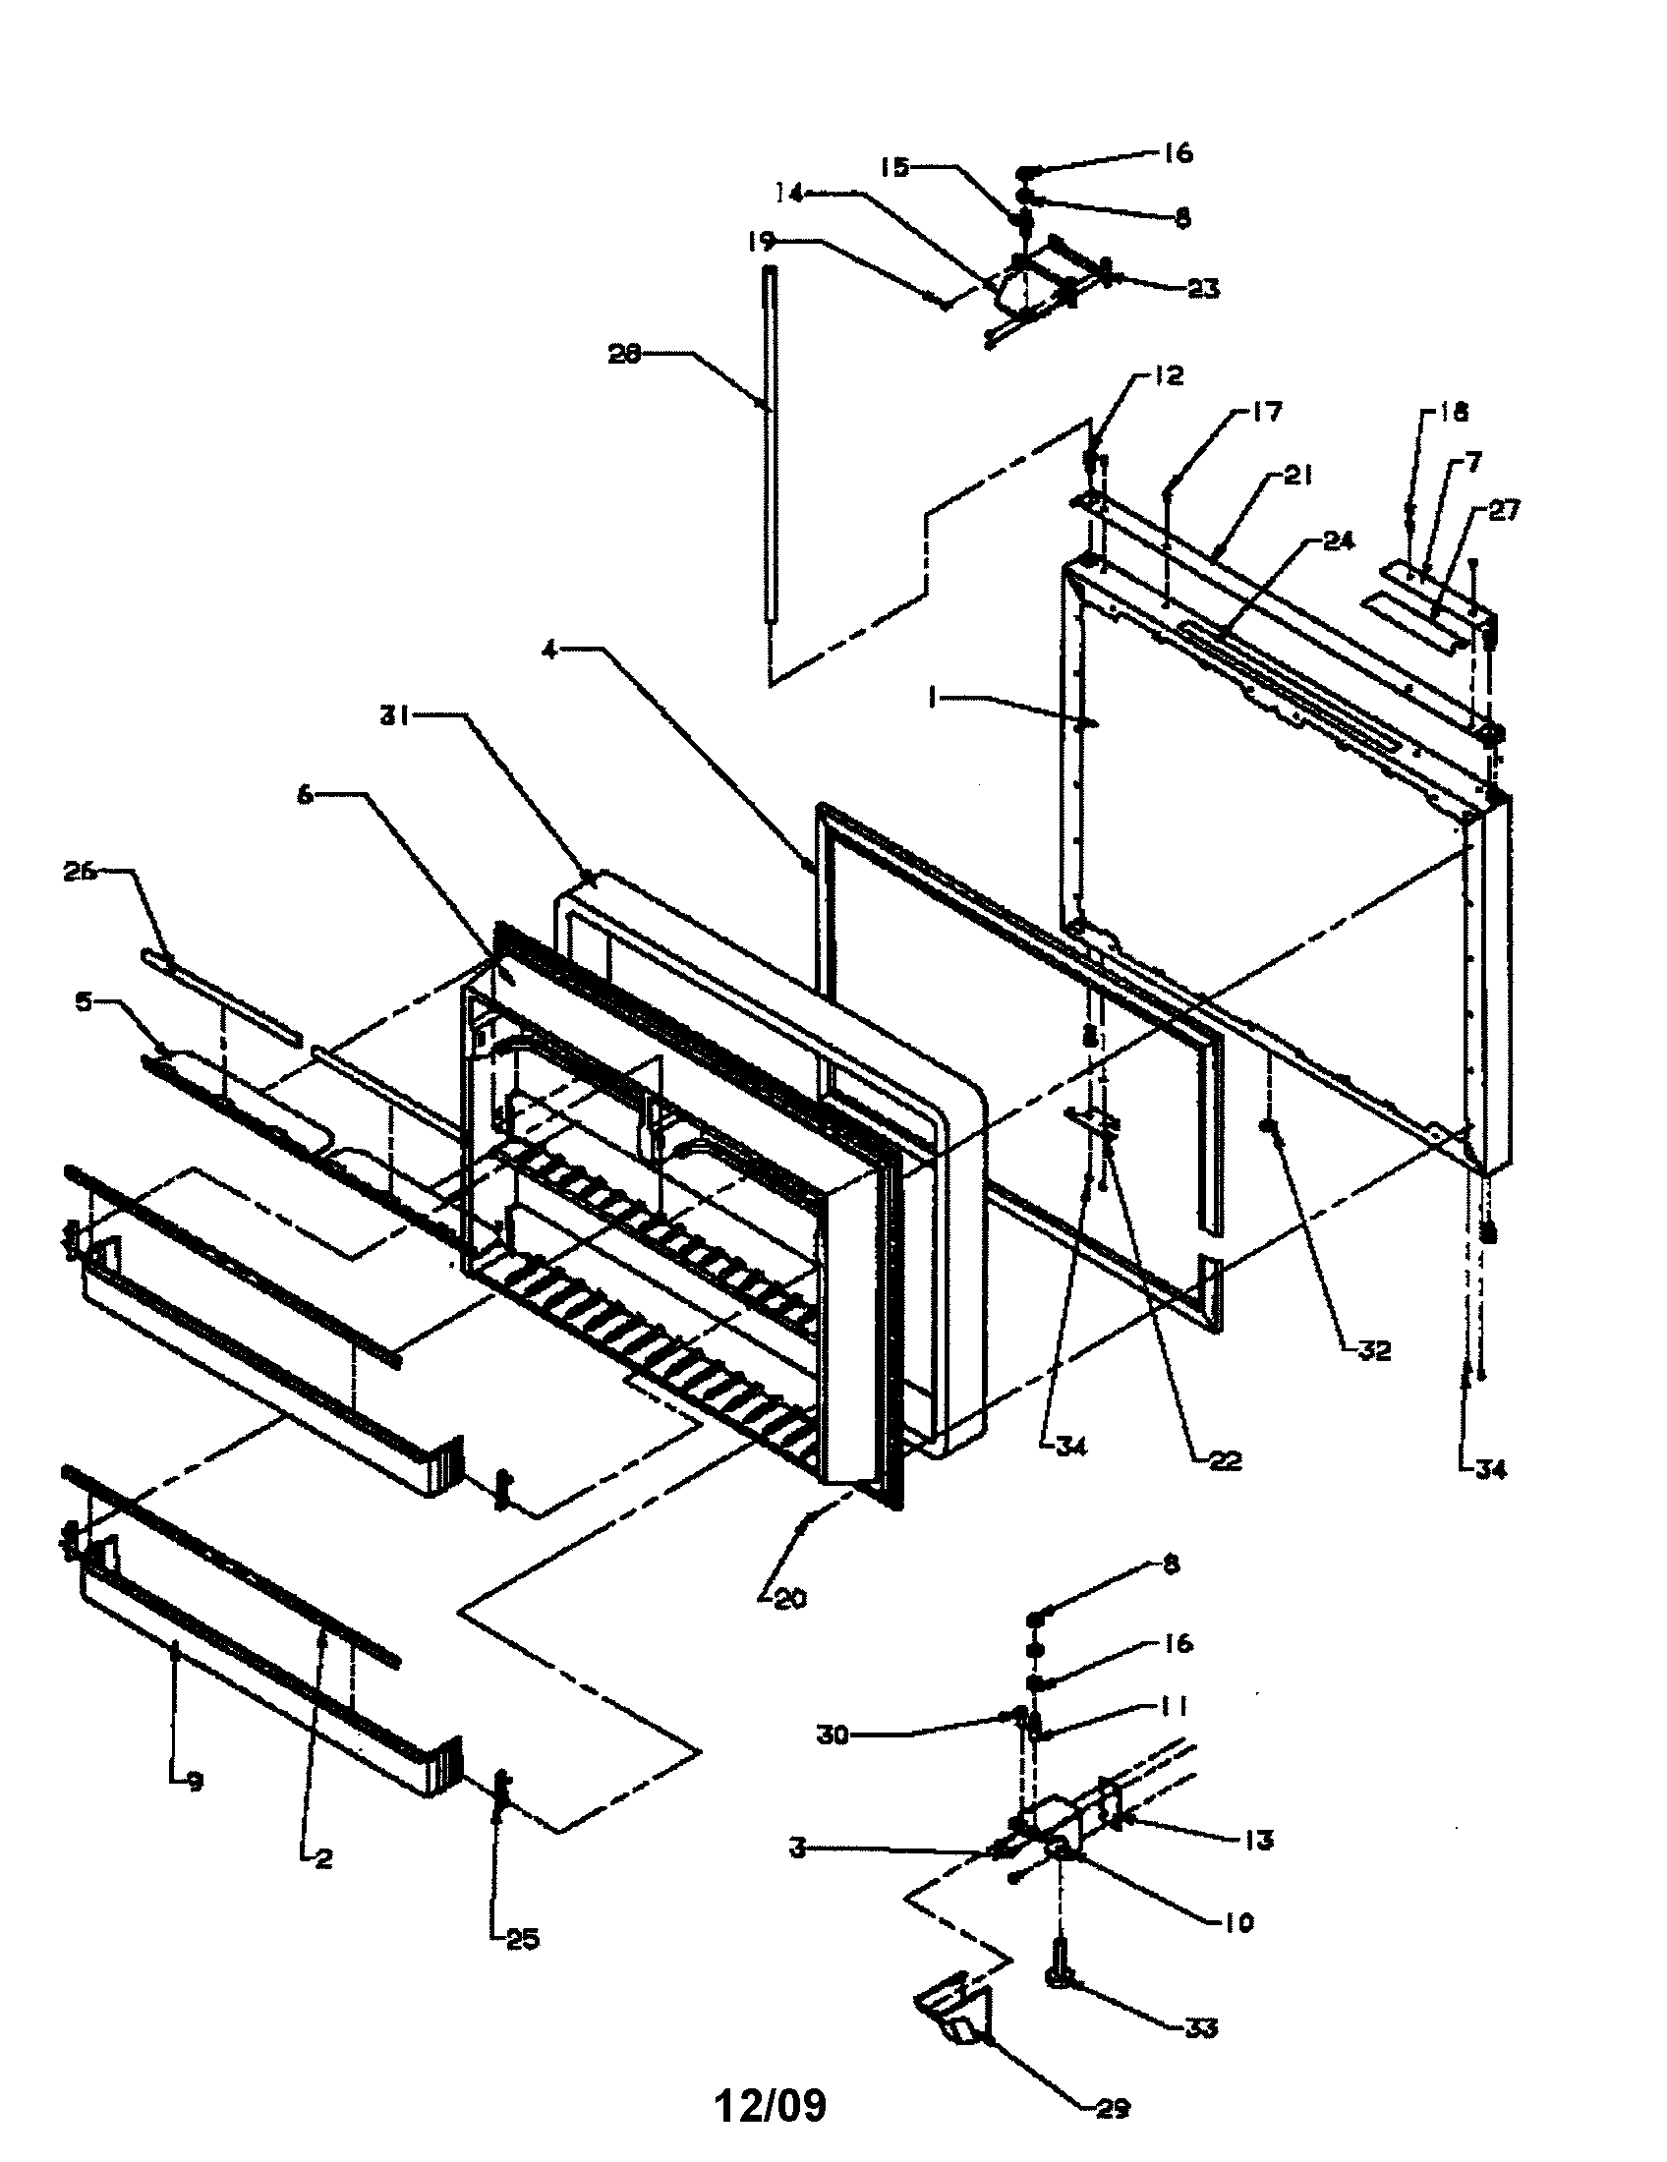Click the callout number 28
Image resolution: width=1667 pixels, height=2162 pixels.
coord(624,355)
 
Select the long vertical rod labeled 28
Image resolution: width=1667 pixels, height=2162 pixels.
coord(771,445)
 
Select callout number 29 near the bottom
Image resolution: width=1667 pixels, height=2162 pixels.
coord(1114,2110)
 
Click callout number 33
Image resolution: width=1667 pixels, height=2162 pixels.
coord(1200,2028)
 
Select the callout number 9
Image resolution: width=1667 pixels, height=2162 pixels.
coord(194,1782)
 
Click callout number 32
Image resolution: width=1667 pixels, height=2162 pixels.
coord(1374,1350)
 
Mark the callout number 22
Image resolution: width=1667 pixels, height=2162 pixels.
coord(1224,1460)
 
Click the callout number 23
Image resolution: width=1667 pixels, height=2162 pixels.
coord(1203,289)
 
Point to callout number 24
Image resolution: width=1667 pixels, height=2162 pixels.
coord(1339,541)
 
